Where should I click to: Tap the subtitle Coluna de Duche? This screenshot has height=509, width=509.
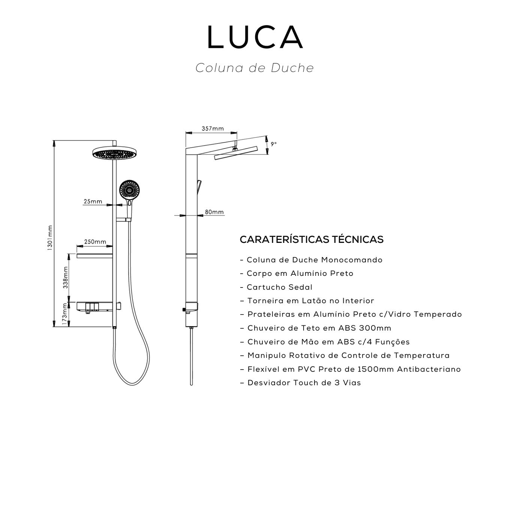point(254,68)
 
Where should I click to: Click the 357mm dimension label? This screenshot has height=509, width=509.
point(213,129)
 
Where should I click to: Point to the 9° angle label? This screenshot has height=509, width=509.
point(274,144)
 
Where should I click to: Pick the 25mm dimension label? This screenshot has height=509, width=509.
point(93,201)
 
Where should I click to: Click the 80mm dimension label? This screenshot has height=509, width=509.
point(214,212)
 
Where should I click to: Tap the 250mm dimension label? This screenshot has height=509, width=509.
point(95,242)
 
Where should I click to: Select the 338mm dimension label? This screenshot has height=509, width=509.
point(66,277)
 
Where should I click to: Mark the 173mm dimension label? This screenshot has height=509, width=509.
point(66,314)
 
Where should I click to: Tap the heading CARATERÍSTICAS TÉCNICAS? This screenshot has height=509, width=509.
point(311,240)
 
